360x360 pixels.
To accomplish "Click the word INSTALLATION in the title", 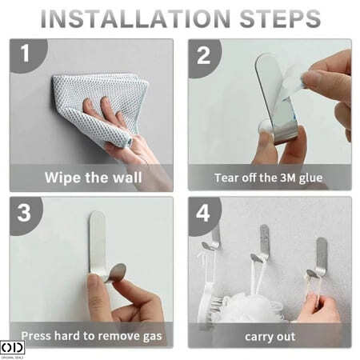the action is pyautogui.click(x=135, y=18).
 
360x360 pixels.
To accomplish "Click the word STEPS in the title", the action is pyautogui.click(x=280, y=18).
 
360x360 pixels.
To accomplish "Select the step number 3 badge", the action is pyautogui.click(x=25, y=214).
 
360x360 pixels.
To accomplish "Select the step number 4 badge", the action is pyautogui.click(x=204, y=214).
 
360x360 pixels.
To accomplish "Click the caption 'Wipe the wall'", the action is pyautogui.click(x=93, y=178).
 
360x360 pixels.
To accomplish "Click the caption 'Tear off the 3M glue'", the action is pyautogui.click(x=269, y=178).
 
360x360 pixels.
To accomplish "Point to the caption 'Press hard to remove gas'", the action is pyautogui.click(x=91, y=336).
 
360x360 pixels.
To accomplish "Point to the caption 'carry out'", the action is pyautogui.click(x=270, y=337).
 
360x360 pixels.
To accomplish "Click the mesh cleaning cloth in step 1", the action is pyautogui.click(x=102, y=106).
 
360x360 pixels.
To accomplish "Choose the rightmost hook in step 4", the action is pyautogui.click(x=320, y=258).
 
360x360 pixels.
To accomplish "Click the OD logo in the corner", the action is pyautogui.click(x=12, y=348).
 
